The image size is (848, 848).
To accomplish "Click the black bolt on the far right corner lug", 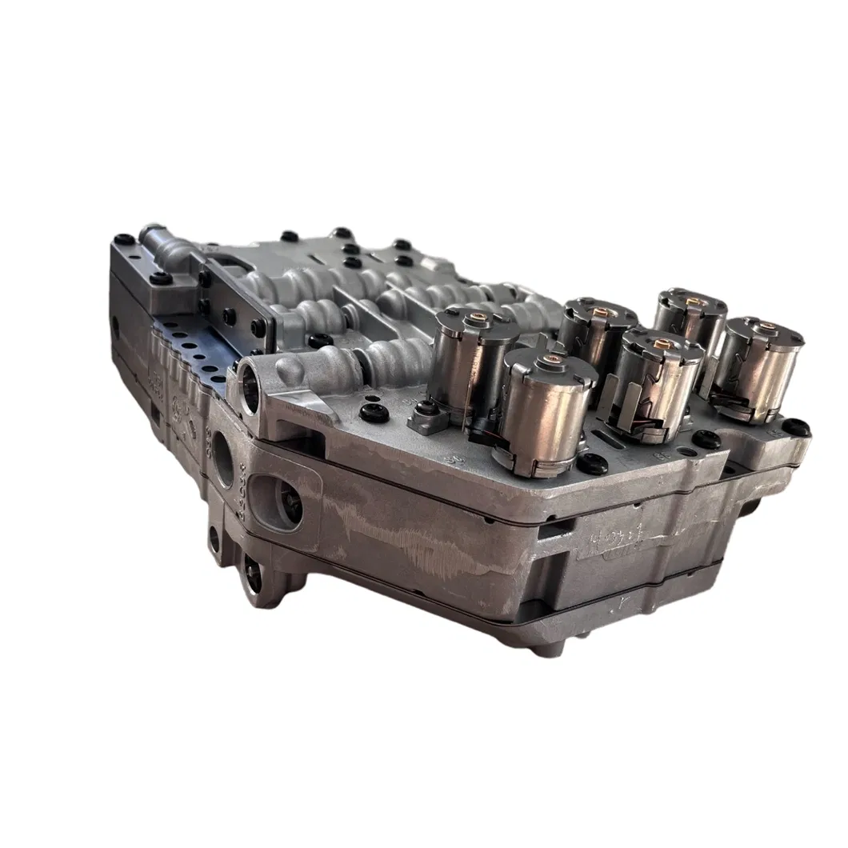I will (x=795, y=429).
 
